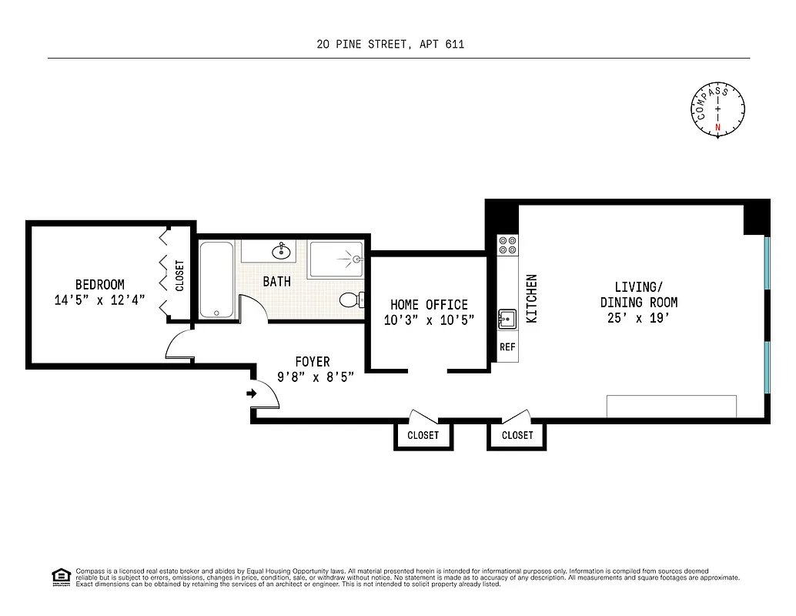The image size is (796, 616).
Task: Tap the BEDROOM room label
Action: point(99,284)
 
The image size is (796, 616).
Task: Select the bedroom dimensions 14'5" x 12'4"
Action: point(99,300)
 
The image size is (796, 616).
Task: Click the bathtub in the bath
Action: point(219,280)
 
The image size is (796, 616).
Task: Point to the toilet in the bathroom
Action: point(351,299)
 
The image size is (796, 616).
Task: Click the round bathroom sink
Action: point(282,250)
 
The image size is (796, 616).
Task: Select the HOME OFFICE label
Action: point(429,304)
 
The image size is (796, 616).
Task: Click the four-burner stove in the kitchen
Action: point(507,245)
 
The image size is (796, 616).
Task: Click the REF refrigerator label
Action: point(507,347)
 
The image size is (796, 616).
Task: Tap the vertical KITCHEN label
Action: point(530,299)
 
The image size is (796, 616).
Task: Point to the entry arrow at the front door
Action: point(252,393)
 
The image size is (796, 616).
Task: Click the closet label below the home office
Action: point(423,436)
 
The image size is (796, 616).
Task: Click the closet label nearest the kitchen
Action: point(517,436)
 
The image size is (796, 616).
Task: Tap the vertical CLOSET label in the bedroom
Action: point(180,276)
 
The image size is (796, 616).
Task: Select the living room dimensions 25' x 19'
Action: point(639,318)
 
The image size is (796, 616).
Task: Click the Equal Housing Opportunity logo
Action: point(60,576)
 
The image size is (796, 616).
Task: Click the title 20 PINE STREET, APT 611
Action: point(390,45)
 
